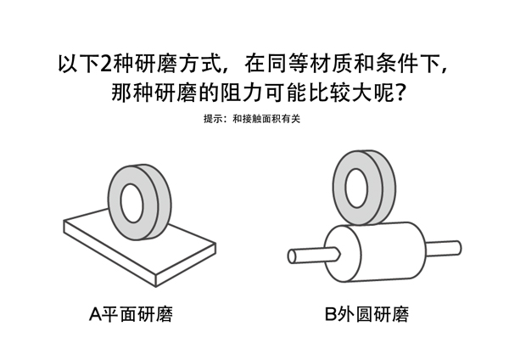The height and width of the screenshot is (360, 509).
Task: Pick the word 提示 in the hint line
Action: (213, 119)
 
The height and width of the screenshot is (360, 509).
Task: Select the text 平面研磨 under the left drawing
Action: (138, 315)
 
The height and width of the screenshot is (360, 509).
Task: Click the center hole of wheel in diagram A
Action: (131, 202)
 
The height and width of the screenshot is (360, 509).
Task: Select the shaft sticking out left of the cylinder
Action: (310, 254)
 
